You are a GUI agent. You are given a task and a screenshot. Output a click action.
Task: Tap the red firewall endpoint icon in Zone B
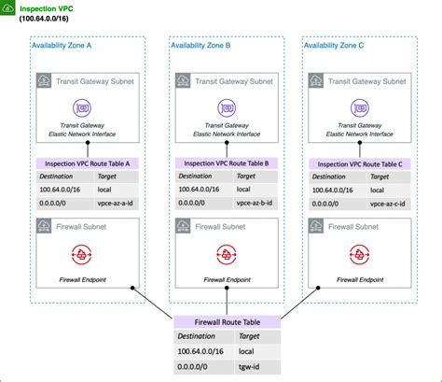(x=224, y=254)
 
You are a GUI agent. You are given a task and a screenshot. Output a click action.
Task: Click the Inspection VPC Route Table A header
(x=88, y=163)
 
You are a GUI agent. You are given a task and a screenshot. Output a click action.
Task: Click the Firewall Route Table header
(x=227, y=321)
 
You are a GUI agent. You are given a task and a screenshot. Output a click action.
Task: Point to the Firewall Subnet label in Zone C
(x=366, y=227)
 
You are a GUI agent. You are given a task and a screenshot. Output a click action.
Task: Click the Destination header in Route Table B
(x=197, y=176)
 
